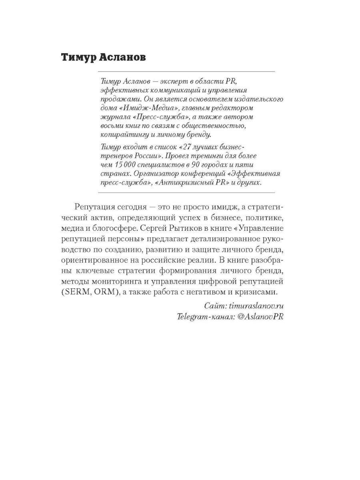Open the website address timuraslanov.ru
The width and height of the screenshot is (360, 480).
pos(254,306)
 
